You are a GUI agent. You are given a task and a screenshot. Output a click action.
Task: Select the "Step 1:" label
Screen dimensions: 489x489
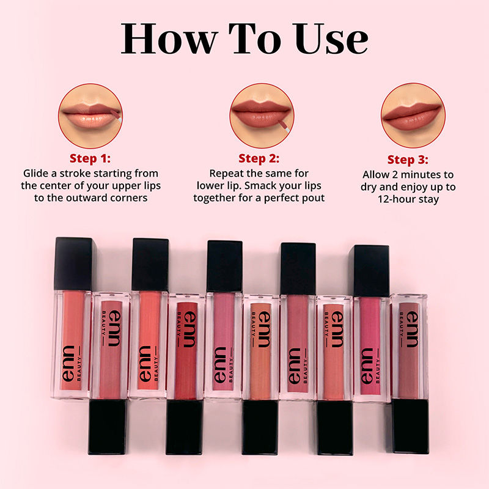click(x=90, y=159)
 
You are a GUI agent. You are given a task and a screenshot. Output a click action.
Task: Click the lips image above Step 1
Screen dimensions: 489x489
click(x=90, y=116)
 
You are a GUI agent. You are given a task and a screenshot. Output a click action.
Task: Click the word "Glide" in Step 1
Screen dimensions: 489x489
click(x=37, y=173)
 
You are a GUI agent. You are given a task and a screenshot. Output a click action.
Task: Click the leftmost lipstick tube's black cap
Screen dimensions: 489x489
click(x=73, y=263)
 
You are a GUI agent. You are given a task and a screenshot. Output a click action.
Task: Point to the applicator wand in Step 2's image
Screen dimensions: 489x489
click(x=282, y=125)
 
